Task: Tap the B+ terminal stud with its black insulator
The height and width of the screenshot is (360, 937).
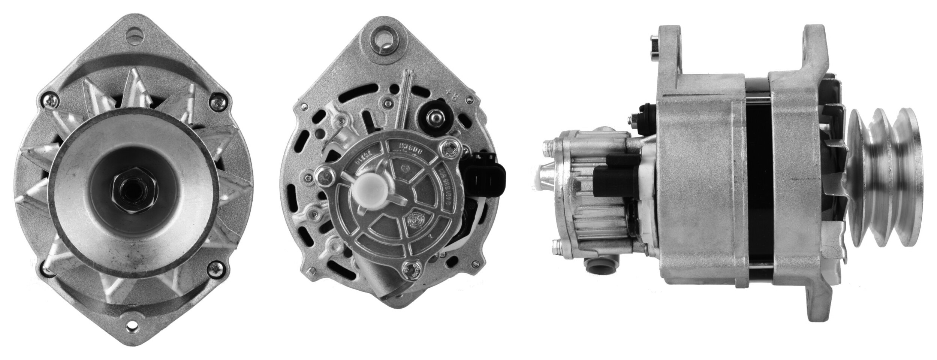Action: tap(434, 118)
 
